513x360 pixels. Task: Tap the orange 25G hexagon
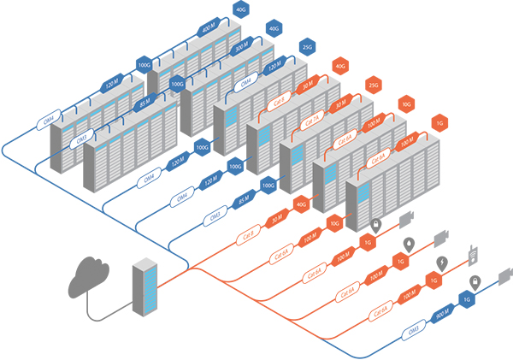click(x=372, y=86)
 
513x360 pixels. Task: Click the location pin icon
click(x=409, y=244)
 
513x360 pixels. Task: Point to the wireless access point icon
click(x=472, y=253)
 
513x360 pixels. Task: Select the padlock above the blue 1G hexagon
click(x=473, y=281)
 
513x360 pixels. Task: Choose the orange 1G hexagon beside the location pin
click(x=398, y=261)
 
